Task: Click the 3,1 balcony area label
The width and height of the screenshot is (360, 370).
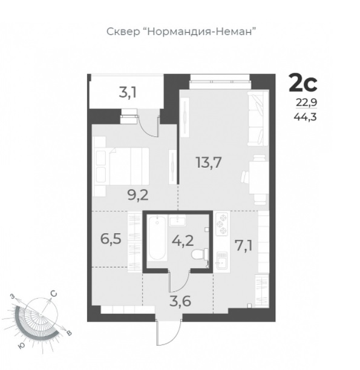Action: (x=128, y=93)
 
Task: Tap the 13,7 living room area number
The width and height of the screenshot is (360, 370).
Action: (x=209, y=162)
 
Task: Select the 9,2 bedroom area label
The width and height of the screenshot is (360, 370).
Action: (x=138, y=195)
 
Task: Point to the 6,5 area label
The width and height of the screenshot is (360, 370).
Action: (x=111, y=239)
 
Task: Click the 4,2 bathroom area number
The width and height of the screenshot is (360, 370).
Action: (x=183, y=240)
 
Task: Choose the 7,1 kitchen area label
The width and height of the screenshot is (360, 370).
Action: (x=244, y=245)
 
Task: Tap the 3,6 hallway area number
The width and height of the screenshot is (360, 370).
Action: (x=180, y=302)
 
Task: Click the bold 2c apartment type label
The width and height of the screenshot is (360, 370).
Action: (x=303, y=82)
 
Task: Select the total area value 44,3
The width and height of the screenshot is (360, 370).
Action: (x=305, y=116)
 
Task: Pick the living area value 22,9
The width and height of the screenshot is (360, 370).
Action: (x=307, y=103)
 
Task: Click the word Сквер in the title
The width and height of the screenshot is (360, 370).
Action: (x=123, y=31)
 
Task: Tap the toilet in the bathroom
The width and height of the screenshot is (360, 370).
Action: (x=200, y=255)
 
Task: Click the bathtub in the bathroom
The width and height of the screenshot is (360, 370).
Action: (x=157, y=239)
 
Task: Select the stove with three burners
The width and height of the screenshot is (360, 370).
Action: (x=221, y=224)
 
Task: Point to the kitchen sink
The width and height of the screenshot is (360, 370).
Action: (x=222, y=260)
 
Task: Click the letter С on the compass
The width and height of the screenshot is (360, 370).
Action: (x=54, y=294)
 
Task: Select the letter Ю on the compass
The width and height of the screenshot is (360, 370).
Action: (x=21, y=346)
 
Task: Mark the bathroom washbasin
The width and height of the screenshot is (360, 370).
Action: (x=177, y=220)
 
